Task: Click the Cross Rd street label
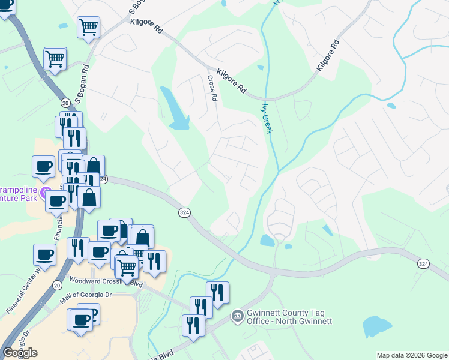pyautogui.click(x=212, y=88)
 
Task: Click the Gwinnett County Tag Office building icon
pyautogui.click(x=237, y=315)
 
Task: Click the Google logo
pyautogui.click(x=19, y=353)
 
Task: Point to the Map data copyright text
pyautogui.click(x=412, y=355)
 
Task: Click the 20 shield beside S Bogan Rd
pyautogui.click(x=65, y=103)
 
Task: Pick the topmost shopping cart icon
pyautogui.click(x=89, y=26)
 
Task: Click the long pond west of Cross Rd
pyautogui.click(x=175, y=109)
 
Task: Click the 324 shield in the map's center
pyautogui.click(x=184, y=213)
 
